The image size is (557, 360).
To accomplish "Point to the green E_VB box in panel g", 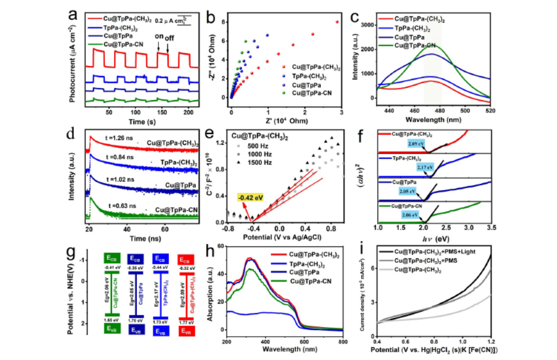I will [x=112, y=330].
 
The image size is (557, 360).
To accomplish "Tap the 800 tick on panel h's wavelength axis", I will [x=342, y=344].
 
